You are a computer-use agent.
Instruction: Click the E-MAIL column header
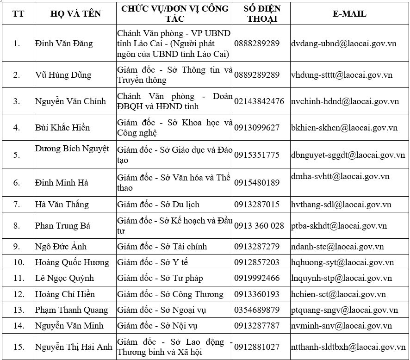(x=349, y=14)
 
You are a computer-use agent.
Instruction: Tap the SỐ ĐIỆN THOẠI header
(x=261, y=14)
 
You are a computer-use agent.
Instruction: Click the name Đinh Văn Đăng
(x=64, y=43)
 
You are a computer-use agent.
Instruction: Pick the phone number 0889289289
(x=257, y=74)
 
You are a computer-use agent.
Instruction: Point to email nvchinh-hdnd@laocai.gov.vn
(x=345, y=101)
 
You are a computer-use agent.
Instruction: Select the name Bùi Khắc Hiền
(x=62, y=128)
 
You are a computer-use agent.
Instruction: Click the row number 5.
(x=17, y=155)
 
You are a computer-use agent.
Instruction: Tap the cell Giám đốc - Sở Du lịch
(x=158, y=205)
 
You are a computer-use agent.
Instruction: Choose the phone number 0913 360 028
(x=259, y=226)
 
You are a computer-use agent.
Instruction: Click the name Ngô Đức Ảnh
(x=61, y=247)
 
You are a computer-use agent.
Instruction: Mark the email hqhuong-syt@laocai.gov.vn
(x=342, y=262)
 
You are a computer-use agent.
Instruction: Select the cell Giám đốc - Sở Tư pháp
(x=160, y=278)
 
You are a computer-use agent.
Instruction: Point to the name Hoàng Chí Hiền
(x=65, y=294)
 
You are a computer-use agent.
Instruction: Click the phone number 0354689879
(x=257, y=310)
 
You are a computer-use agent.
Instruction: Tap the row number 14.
(x=19, y=326)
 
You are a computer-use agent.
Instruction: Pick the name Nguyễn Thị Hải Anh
(x=74, y=347)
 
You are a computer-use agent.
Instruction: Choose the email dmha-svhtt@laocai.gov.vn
(x=340, y=176)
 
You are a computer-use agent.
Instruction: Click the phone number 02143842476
(x=259, y=101)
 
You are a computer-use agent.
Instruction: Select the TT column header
(x=19, y=14)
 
